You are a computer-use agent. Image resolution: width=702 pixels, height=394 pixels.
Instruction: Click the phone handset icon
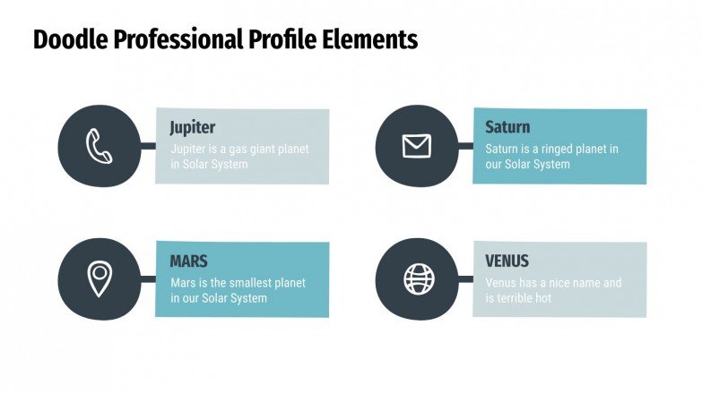click(x=100, y=146)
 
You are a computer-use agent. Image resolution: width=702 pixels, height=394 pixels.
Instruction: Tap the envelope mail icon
click(x=416, y=146)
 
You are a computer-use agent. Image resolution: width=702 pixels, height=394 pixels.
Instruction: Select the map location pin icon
click(x=100, y=279)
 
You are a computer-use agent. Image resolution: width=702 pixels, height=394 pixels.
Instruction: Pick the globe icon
click(x=417, y=278)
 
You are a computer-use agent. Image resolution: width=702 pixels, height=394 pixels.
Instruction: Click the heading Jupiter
click(x=193, y=127)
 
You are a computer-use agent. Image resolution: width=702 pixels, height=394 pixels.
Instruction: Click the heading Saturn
click(x=507, y=127)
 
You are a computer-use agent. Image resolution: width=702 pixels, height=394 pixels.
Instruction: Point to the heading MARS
click(x=188, y=261)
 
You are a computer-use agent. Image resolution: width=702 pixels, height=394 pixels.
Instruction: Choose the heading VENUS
click(x=507, y=261)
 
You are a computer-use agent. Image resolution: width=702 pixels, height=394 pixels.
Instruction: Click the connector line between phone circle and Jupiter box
click(x=147, y=145)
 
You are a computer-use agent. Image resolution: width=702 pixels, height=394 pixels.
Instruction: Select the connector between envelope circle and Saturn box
click(x=464, y=145)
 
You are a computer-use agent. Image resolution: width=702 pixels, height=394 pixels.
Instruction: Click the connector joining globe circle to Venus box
click(x=464, y=279)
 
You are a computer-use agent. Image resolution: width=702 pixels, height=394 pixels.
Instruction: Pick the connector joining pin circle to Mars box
click(x=147, y=279)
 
